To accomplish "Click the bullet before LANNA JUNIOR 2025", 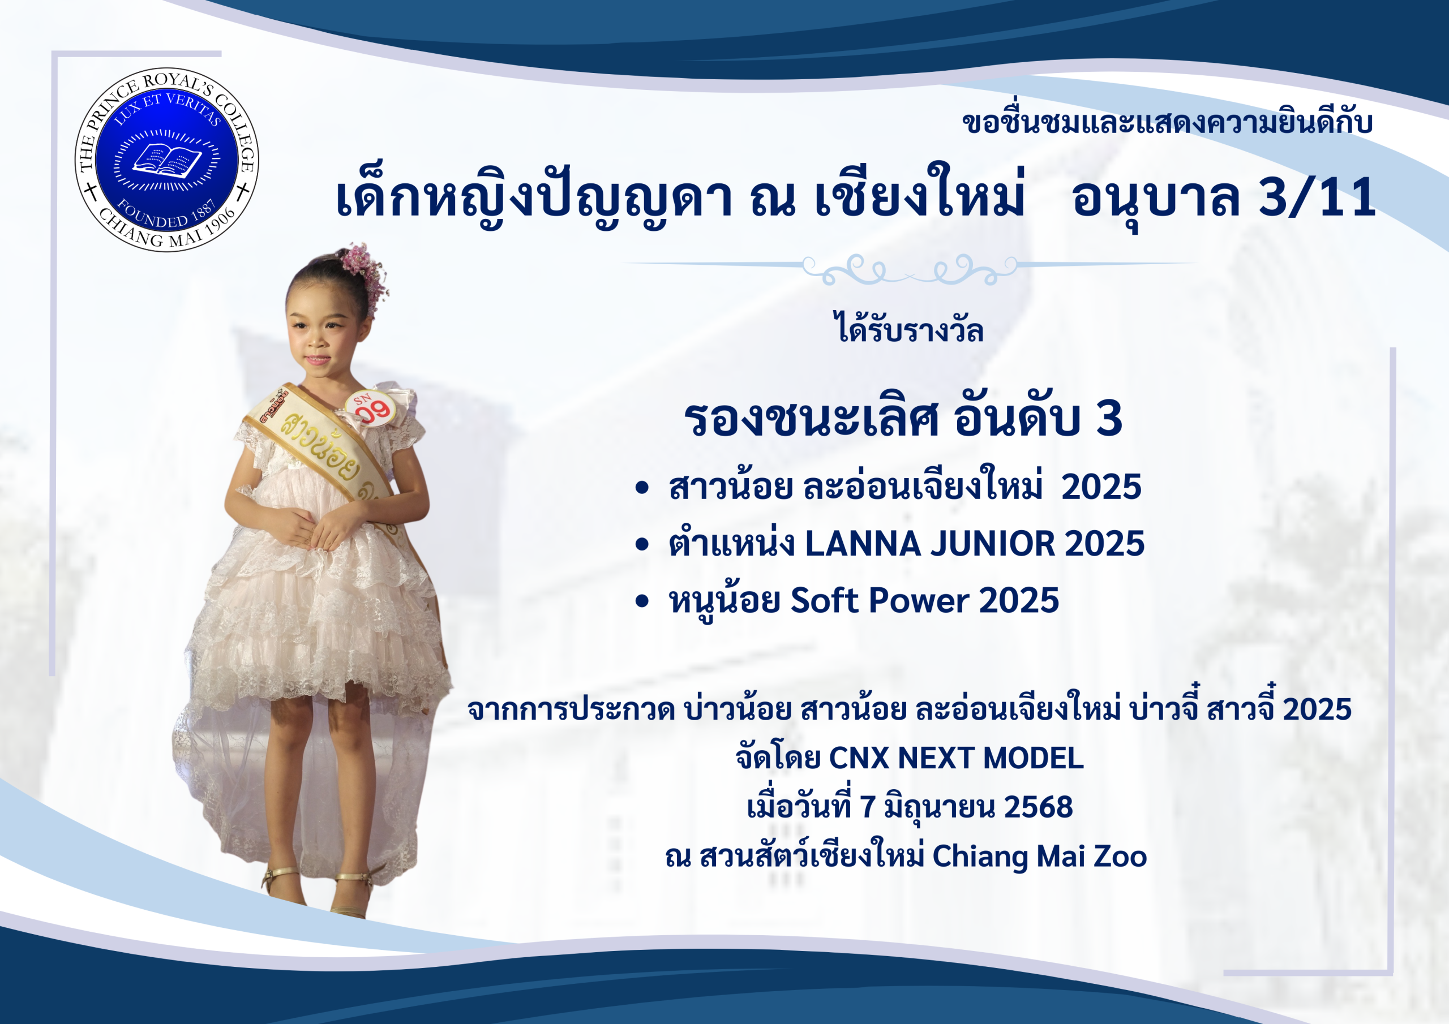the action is coord(642,544).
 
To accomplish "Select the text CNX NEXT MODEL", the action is coord(956,758).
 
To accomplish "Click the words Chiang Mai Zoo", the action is coord(1039,857).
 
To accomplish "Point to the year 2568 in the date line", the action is coord(1038,807).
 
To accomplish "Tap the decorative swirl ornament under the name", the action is coord(909,269).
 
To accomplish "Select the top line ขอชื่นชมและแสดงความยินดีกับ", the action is coord(1167,122).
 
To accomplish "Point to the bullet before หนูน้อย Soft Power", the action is coord(642,601).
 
